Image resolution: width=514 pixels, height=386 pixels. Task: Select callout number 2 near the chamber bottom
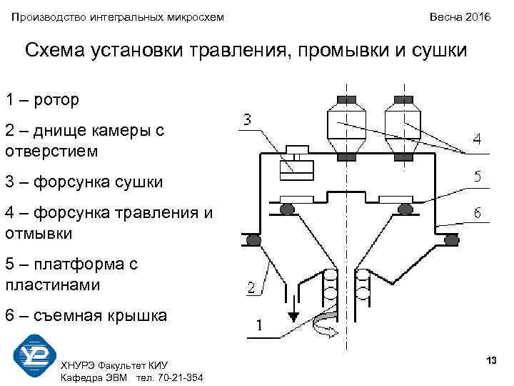[x=251, y=289]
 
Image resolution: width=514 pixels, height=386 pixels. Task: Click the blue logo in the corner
[x=35, y=355]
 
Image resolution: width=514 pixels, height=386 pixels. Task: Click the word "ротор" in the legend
[x=54, y=99]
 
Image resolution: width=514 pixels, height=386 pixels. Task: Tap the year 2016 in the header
[x=475, y=16]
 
